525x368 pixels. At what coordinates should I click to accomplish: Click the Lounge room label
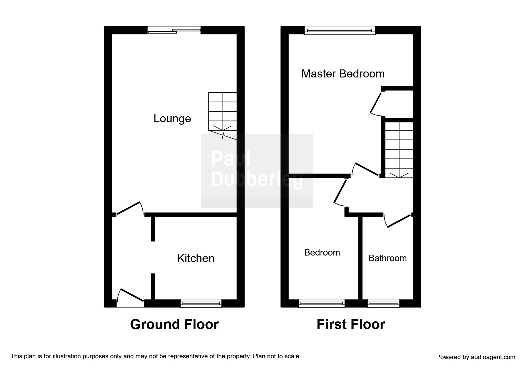[x=172, y=119]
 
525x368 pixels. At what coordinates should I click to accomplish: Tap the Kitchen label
[x=196, y=258]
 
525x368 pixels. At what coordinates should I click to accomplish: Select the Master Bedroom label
[x=343, y=74]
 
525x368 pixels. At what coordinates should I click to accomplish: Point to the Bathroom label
[x=387, y=258]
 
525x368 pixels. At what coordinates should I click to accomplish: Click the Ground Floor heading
[x=174, y=324]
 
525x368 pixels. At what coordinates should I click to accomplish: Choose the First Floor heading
[x=351, y=324]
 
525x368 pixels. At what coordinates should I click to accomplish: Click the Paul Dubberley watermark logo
[x=257, y=170]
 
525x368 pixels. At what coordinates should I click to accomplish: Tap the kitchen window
[x=201, y=303]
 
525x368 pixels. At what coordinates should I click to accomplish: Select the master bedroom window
[x=339, y=30]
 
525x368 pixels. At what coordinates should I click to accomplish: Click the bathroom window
[x=383, y=303]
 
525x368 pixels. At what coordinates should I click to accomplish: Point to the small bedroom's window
[x=322, y=303]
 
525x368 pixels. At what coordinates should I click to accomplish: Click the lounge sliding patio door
[x=174, y=30]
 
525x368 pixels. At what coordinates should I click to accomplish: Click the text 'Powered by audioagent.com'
[x=475, y=357]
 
